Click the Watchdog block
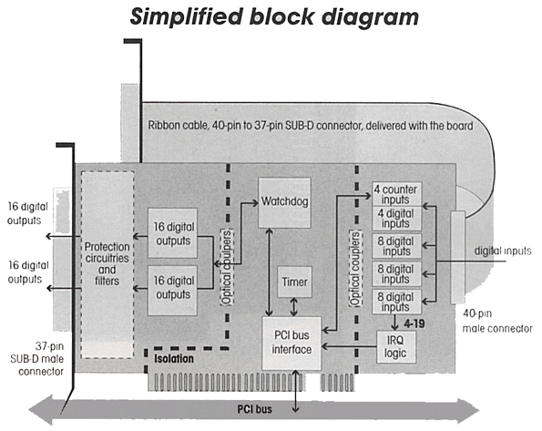click(284, 202)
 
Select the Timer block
click(294, 282)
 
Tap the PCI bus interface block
click(291, 343)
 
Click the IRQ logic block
click(395, 347)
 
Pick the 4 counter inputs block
click(396, 194)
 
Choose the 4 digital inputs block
click(396, 219)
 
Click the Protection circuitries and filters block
click(107, 264)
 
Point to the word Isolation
click(174, 358)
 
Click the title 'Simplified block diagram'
click(274, 17)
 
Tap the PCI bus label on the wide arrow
click(255, 409)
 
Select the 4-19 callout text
click(414, 323)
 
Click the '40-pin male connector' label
click(497, 321)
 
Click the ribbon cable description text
click(311, 125)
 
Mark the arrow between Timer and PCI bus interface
click(294, 307)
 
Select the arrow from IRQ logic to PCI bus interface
click(349, 346)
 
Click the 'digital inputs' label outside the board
click(503, 251)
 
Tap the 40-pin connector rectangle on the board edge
click(458, 257)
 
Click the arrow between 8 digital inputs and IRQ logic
click(395, 323)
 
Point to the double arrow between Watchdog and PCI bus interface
click(269, 272)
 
